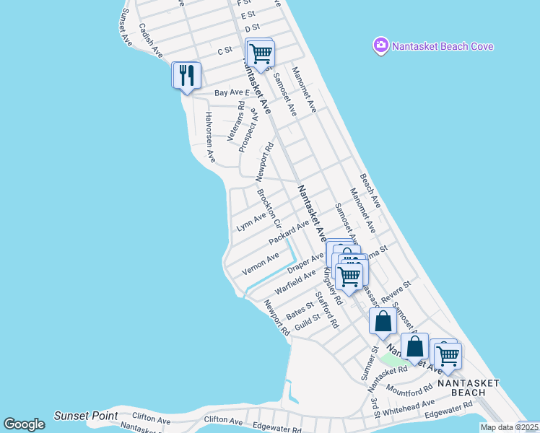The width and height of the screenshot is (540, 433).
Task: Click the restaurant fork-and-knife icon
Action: tap(186, 74)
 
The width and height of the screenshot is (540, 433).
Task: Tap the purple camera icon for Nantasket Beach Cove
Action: tap(380, 46)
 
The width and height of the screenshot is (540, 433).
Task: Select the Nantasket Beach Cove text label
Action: tap(443, 46)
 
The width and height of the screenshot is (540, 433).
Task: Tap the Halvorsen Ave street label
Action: tap(210, 136)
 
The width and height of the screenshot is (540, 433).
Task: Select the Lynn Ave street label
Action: tap(251, 222)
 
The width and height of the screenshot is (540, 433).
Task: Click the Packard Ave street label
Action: tap(288, 232)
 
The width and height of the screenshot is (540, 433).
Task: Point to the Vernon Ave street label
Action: tap(260, 263)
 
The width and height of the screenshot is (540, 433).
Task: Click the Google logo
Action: tap(24, 424)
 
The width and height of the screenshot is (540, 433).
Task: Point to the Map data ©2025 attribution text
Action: tap(509, 427)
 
